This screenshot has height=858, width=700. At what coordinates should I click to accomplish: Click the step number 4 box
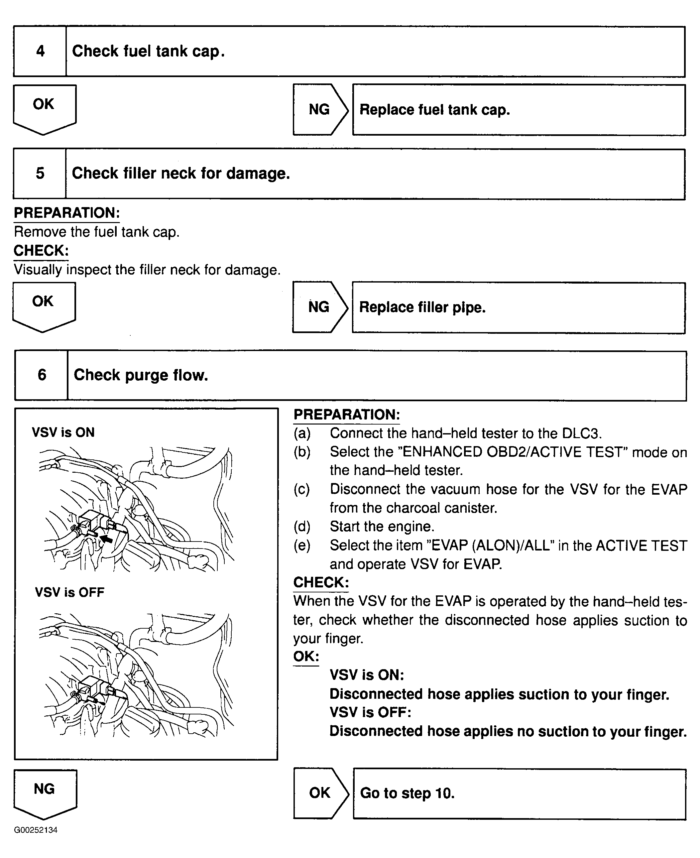pos(40,51)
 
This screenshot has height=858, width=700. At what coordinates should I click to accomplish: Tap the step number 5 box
pos(40,174)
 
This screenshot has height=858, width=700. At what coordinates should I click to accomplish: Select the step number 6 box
pos(42,375)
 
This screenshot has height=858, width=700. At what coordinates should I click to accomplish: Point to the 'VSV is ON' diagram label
pos(63,432)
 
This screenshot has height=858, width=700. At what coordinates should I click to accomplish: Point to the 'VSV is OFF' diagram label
pos(69,592)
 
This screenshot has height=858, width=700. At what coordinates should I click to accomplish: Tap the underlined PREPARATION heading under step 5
pos(66,213)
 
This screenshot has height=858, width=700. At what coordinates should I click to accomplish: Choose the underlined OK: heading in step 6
pos(306,657)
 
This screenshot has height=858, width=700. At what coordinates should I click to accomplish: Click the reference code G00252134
pos(36,830)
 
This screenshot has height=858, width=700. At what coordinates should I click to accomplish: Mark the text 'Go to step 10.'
pos(407,793)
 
